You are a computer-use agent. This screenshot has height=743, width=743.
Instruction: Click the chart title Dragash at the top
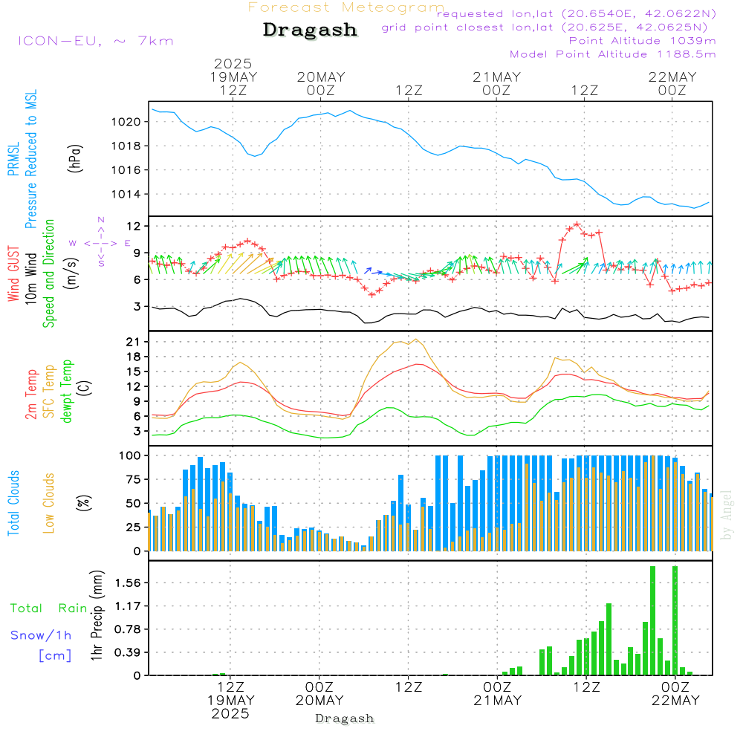click(310, 30)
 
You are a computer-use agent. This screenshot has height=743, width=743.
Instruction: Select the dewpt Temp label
click(68, 392)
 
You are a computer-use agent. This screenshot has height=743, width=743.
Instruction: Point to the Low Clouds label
click(50, 503)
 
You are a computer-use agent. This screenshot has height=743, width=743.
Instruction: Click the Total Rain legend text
click(49, 609)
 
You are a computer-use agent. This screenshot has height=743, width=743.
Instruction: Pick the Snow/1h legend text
click(41, 635)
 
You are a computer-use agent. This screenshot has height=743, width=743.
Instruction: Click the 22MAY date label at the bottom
click(674, 701)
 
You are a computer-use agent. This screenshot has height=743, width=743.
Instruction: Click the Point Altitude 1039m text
click(642, 40)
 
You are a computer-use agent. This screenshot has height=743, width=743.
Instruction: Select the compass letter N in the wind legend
click(101, 220)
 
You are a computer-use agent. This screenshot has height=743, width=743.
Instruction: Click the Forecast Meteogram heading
click(346, 7)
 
